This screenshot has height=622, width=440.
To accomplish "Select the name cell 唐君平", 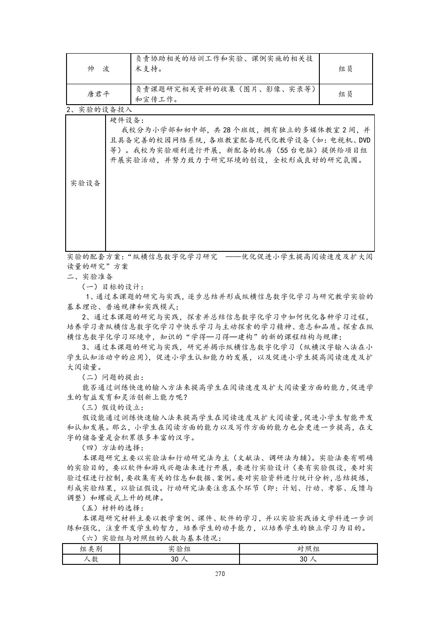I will pyautogui.click(x=98, y=94).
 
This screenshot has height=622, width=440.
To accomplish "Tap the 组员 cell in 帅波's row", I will pyautogui.click(x=346, y=69).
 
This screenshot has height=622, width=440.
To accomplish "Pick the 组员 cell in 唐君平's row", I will pyautogui.click(x=346, y=94).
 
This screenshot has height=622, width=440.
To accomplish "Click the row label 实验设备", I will pyautogui.click(x=86, y=184).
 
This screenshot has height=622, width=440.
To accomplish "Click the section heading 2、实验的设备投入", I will pyautogui.click(x=99, y=110).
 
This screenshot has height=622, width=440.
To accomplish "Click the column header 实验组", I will pyautogui.click(x=179, y=548).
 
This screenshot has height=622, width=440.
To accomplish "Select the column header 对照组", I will pyautogui.click(x=308, y=548).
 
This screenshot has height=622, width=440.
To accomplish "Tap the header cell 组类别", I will pyautogui.click(x=91, y=548).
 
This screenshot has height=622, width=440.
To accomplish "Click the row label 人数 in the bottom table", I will pyautogui.click(x=91, y=559).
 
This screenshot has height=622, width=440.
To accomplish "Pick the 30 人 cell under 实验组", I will pyautogui.click(x=179, y=559).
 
